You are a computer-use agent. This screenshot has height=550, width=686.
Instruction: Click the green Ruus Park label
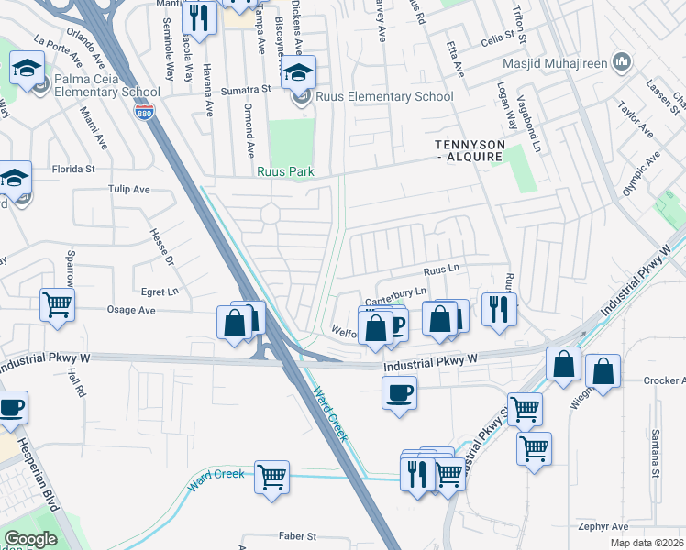click(286, 171)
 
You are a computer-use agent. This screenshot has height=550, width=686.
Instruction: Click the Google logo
click(30, 539)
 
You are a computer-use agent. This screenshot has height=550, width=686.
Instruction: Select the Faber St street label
click(297, 535)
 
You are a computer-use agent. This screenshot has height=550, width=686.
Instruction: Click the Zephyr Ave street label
click(603, 526)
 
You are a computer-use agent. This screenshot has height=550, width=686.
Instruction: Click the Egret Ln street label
click(160, 291)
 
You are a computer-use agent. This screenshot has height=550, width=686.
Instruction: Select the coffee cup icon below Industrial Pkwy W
click(400, 394)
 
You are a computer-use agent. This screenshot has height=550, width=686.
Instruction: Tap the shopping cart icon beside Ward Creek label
click(272, 477)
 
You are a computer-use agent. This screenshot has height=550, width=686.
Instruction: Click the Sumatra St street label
click(249, 90)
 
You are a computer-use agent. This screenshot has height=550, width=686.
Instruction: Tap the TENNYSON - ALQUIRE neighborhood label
click(469, 151)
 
